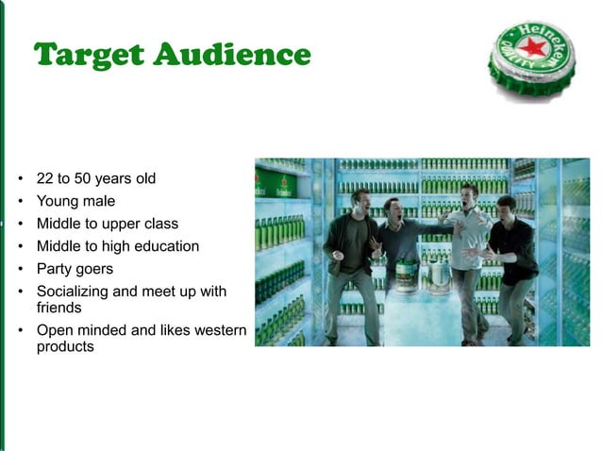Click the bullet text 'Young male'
point(75,201)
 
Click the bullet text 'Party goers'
point(75,269)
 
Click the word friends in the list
point(59,308)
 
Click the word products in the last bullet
point(65,346)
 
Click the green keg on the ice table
point(407,275)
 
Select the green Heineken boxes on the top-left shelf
point(275,184)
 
